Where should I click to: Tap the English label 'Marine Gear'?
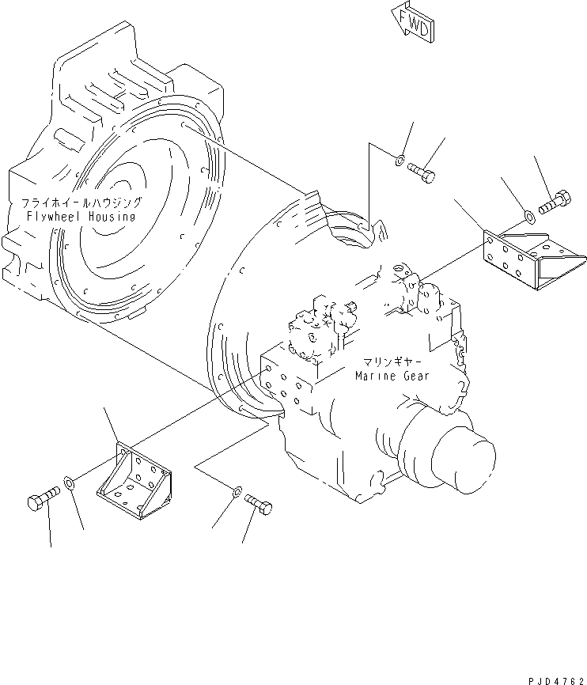coord(392,376)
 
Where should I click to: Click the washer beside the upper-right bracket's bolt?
coord(527,214)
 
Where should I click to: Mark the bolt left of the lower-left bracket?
coord(44,499)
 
